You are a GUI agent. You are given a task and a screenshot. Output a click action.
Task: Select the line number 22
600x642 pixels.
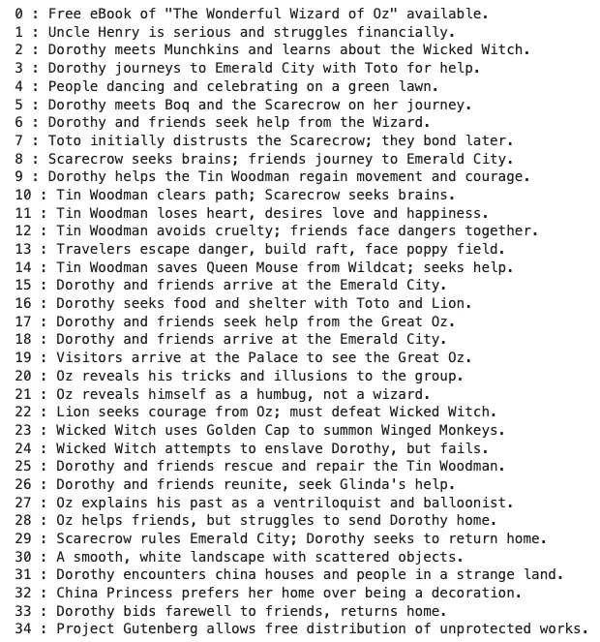(x=22, y=412)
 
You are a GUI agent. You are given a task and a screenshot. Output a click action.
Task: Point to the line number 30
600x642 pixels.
(x=22, y=557)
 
